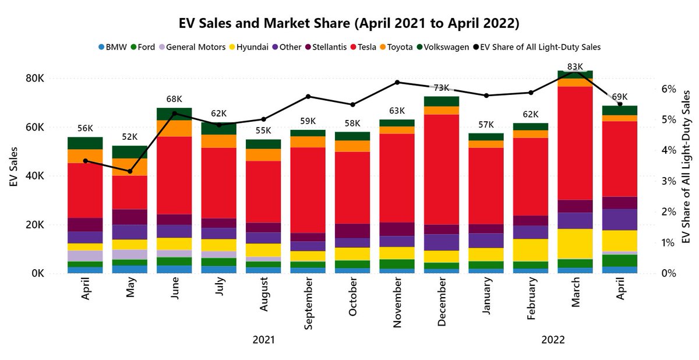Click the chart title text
(349, 24)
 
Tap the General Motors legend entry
(192, 47)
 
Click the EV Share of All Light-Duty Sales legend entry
(542, 47)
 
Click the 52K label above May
(130, 137)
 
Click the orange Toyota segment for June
(174, 128)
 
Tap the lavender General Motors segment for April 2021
(85, 256)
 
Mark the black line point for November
(397, 82)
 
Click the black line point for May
(130, 171)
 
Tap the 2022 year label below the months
(553, 340)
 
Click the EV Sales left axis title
(13, 176)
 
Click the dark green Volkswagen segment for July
(219, 128)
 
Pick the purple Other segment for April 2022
(620, 219)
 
